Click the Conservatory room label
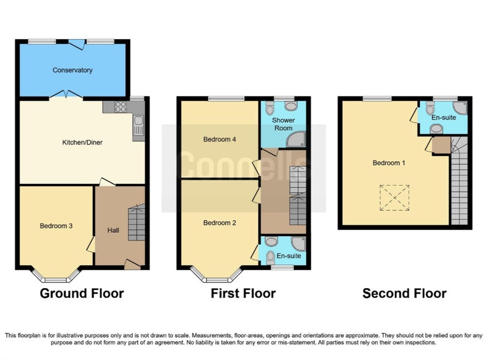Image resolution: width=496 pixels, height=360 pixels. [x=73, y=70]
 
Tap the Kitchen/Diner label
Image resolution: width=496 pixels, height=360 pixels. [x=82, y=143]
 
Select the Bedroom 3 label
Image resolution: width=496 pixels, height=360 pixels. [x=56, y=226]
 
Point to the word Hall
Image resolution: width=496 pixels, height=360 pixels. [x=113, y=230]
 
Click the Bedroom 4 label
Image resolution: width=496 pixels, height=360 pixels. [x=219, y=139]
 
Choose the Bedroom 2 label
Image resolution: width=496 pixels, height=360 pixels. [x=219, y=223]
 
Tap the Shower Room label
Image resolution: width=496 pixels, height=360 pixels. [x=283, y=124]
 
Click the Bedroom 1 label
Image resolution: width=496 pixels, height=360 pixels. [x=389, y=163]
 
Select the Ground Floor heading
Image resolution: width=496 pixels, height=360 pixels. [x=82, y=293]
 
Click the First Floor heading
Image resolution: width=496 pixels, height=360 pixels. [x=243, y=293]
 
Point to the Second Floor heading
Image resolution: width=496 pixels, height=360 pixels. [x=404, y=293]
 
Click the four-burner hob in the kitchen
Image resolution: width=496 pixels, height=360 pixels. [x=120, y=107]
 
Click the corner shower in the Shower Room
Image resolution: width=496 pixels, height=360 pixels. [x=296, y=139]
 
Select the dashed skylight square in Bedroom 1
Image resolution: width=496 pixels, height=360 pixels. [x=394, y=198]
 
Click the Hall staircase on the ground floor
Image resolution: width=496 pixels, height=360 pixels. [x=136, y=222]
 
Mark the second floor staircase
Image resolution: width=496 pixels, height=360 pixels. [x=459, y=181]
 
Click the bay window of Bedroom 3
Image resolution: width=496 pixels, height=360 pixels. [x=55, y=275]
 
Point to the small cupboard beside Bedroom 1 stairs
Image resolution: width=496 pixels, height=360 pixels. [x=441, y=145]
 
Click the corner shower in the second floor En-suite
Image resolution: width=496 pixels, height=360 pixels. [x=460, y=108]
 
